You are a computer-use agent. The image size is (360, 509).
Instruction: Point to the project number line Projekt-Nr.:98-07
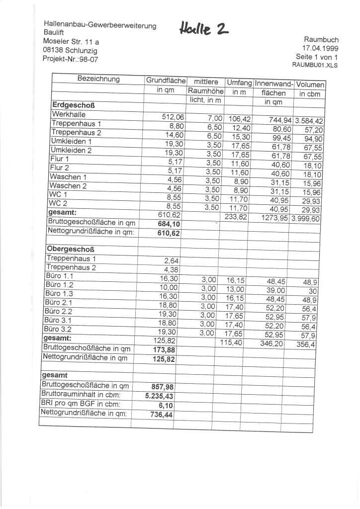pyautogui.click(x=70, y=58)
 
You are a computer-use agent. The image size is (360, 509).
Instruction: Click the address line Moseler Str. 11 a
pyautogui.click(x=71, y=41)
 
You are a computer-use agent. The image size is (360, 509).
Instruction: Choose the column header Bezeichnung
pyautogui.click(x=98, y=79)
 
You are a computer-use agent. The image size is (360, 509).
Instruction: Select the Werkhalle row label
pyautogui.click(x=69, y=114)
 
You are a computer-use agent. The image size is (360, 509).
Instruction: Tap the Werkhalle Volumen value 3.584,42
pyautogui.click(x=309, y=121)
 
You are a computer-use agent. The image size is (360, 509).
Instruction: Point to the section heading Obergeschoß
pyautogui.click(x=70, y=249)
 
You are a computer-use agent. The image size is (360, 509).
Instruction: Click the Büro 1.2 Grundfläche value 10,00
pyautogui.click(x=169, y=287)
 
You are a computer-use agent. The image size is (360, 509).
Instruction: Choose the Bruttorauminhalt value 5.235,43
pyautogui.click(x=159, y=396)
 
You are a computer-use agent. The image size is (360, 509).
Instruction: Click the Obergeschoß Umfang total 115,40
pyautogui.click(x=231, y=342)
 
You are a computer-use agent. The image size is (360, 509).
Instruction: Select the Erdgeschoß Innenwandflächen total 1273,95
pyautogui.click(x=275, y=218)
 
